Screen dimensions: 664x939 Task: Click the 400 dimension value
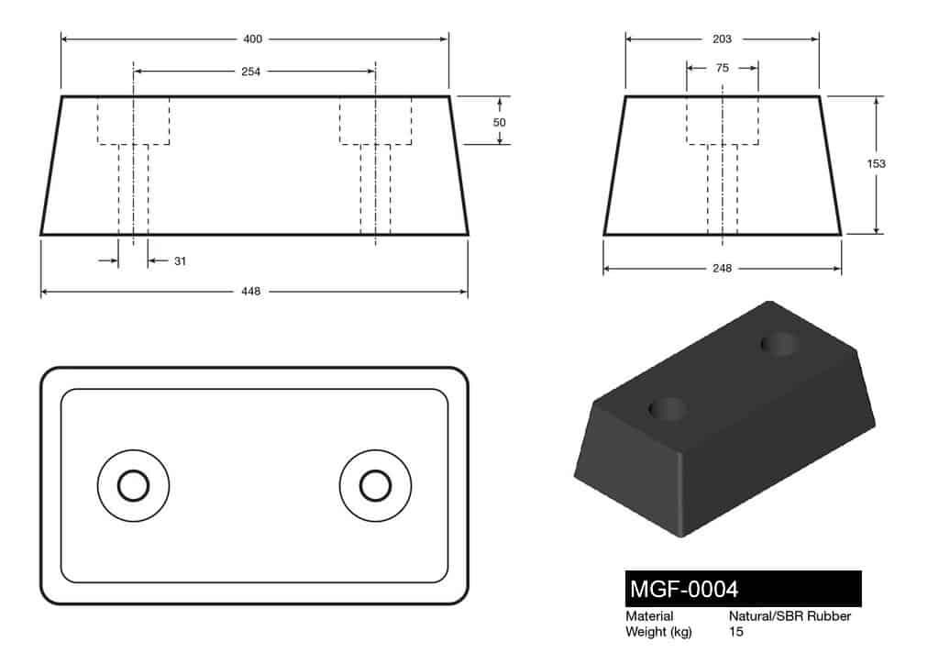253,39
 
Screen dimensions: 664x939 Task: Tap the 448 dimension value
251,292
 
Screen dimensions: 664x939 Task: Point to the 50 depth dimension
500,121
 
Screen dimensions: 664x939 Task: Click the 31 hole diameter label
180,261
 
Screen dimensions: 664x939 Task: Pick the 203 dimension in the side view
722,39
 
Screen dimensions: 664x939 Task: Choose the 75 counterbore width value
722,68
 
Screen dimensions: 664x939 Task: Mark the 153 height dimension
876,163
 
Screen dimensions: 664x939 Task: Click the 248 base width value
723,269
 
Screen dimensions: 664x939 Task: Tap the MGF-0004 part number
683,588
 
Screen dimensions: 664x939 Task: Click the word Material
649,616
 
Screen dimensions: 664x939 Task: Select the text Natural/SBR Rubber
790,616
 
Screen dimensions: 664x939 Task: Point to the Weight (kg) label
658,632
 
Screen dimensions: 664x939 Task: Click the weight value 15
736,632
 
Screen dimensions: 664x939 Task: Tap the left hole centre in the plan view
134,485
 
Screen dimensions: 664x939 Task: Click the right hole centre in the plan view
374,485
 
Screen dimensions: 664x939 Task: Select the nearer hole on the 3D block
668,409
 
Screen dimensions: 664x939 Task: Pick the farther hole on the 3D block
779,344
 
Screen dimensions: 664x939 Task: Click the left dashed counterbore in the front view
134,121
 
